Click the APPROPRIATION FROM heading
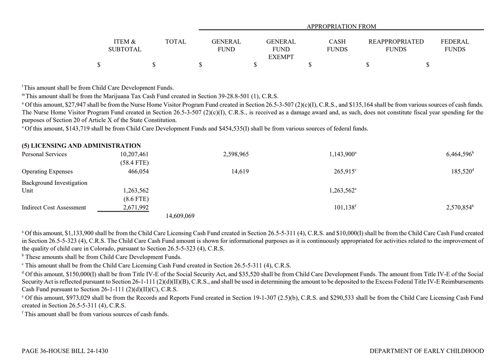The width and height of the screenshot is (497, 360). point(341,27)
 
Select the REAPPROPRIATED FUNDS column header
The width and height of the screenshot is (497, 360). point(396,45)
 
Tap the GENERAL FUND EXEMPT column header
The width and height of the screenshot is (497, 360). point(280,49)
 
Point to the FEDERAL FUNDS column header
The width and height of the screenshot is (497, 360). point(455,45)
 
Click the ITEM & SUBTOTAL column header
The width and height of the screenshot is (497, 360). point(125,45)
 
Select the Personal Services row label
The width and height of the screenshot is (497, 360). point(44,154)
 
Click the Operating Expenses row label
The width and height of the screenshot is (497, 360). point(47,172)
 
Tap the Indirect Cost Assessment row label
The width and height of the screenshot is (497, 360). point(54,208)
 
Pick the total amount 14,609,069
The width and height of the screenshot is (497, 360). point(181,216)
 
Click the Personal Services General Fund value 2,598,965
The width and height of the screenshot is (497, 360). point(236,154)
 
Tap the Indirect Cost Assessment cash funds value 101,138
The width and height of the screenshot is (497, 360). point(344,208)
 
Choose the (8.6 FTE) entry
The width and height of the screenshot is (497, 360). point(135,199)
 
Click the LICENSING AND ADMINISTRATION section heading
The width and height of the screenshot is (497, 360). point(81,145)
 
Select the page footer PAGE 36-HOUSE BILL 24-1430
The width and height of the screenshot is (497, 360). point(65,351)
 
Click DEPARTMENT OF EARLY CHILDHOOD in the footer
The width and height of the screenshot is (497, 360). point(426,351)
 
